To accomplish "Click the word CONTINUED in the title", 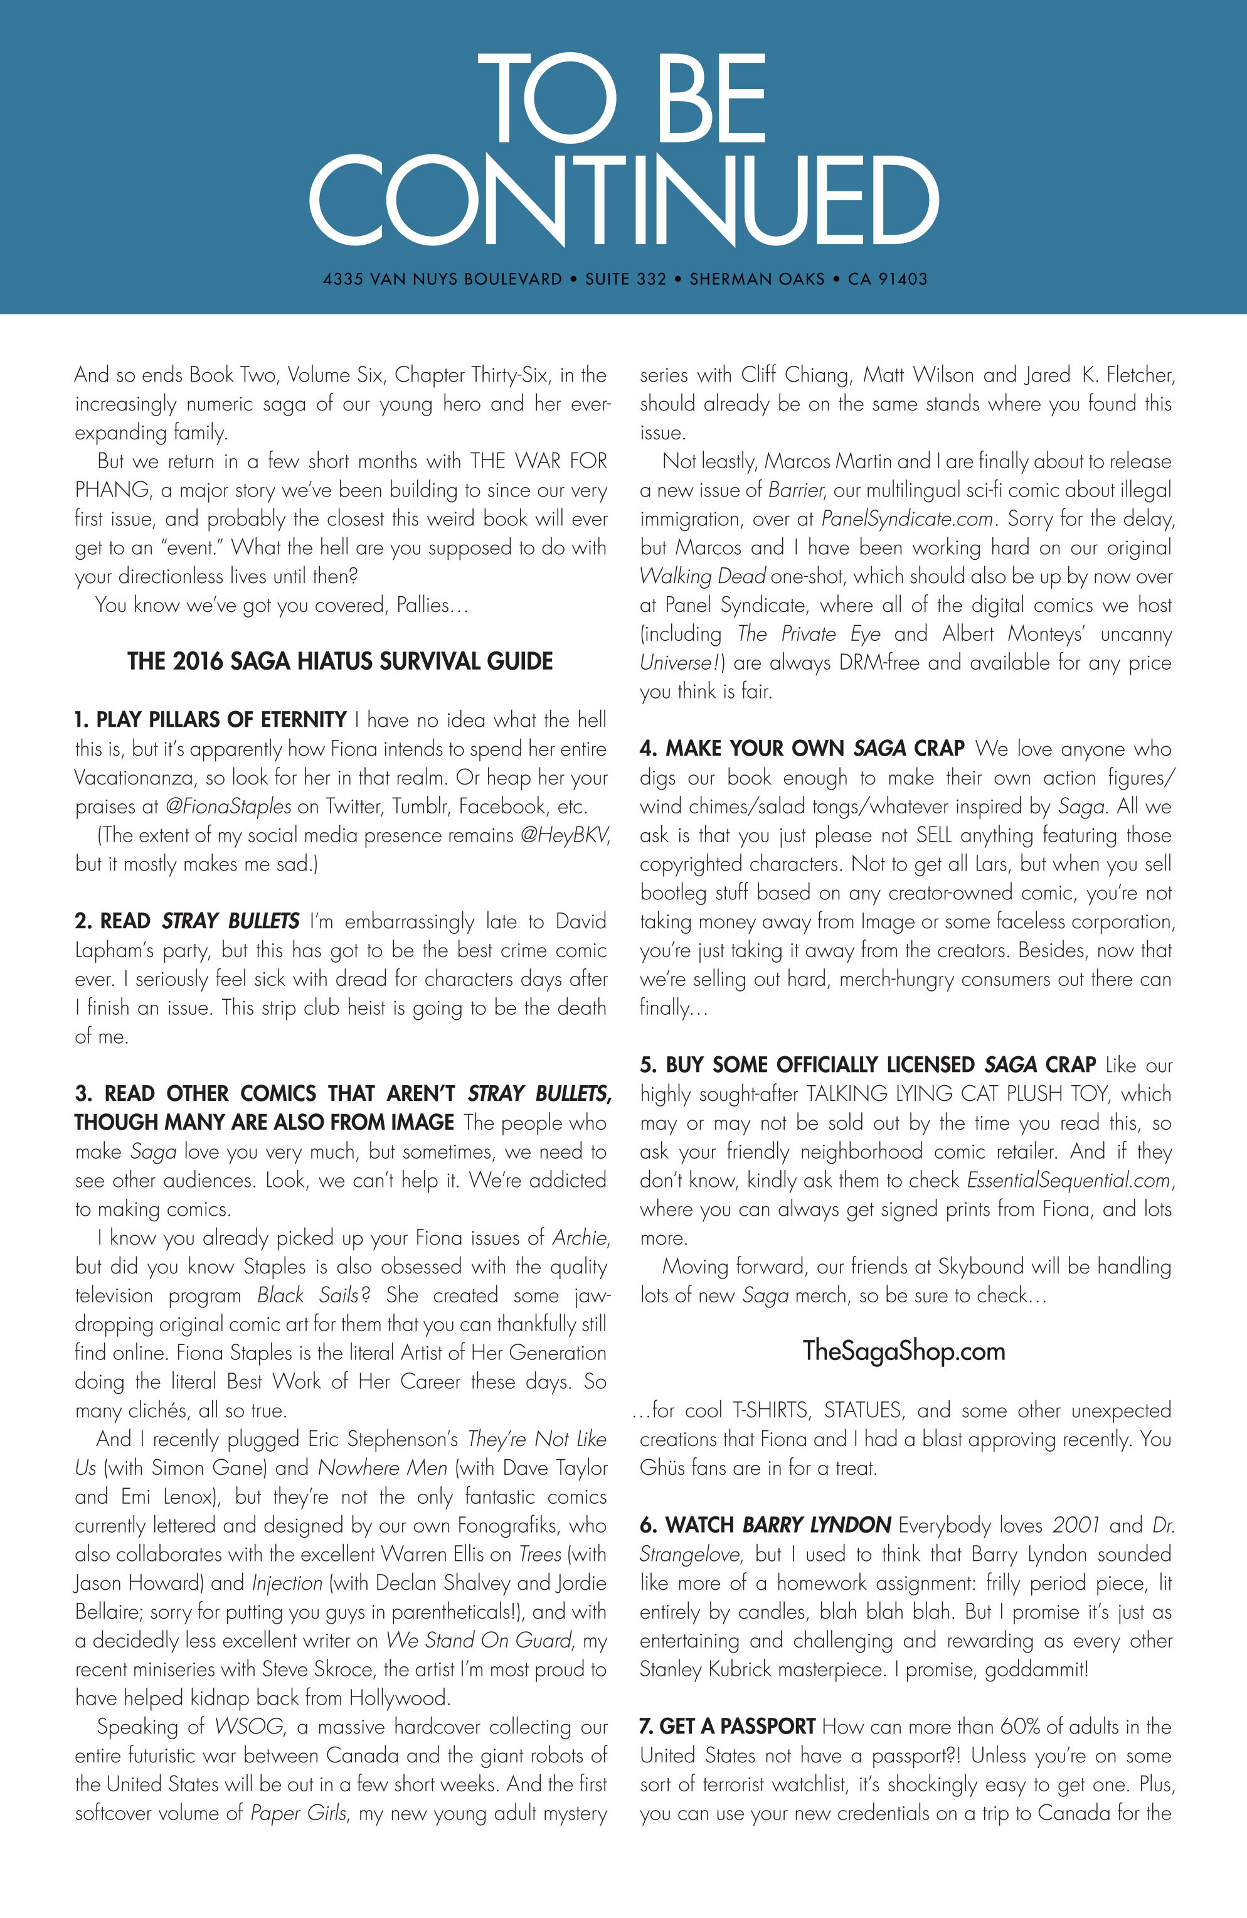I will [x=623, y=201].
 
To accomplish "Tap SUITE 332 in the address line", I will [x=626, y=279].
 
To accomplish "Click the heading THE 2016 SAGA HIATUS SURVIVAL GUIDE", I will [x=340, y=662].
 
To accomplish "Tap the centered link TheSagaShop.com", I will [x=904, y=1351].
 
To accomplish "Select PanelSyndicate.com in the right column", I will [x=906, y=520].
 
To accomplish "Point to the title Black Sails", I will [x=309, y=1296].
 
